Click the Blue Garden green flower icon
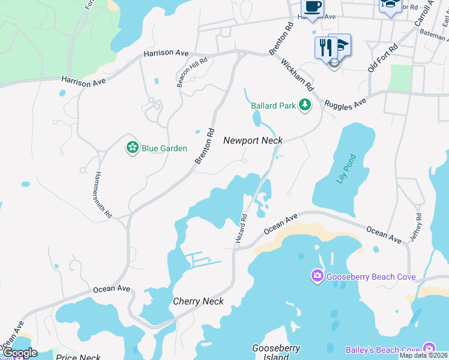(133, 148)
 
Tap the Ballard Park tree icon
(306, 106)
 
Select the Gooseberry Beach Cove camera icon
(317, 276)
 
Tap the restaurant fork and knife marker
(324, 47)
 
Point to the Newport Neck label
(253, 140)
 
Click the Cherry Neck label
(198, 301)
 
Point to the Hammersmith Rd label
(103, 194)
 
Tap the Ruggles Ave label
(345, 103)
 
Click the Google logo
(20, 353)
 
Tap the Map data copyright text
(424, 355)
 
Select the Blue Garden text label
(164, 148)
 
